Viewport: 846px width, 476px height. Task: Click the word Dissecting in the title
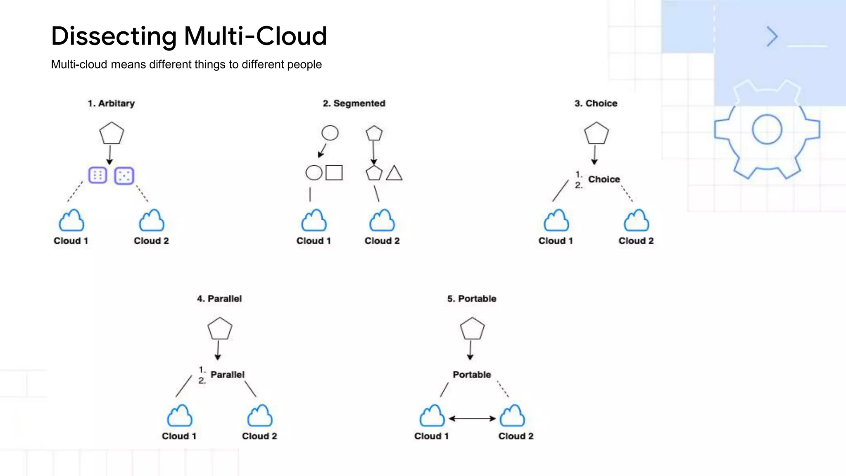coord(114,36)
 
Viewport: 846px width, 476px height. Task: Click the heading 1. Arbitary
coord(111,103)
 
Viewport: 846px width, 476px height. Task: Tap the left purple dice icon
coord(98,176)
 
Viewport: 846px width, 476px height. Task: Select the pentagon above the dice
coord(112,133)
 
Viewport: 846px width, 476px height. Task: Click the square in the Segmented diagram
coord(334,173)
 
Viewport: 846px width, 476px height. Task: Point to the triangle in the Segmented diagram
coord(394,174)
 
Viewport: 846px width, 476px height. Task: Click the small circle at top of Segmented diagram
coord(330,133)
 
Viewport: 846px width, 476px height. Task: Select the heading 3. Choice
coord(596,103)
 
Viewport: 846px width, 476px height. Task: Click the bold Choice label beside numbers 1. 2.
coord(604,179)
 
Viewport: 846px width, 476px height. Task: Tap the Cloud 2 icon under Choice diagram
coord(636,221)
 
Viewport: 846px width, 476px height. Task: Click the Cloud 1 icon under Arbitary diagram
coord(71,221)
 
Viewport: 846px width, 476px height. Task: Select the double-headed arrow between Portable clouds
coord(472,419)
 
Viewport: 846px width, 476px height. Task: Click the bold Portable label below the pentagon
coord(472,375)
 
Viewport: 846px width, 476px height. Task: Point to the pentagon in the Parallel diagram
coord(220,329)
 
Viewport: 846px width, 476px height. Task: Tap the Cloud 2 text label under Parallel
coord(259,436)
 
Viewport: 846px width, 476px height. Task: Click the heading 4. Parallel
coord(219,299)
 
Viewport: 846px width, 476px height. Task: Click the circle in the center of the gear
coord(767,129)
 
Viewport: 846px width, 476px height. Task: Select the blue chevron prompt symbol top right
coord(772,36)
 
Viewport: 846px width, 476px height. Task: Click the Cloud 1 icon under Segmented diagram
coord(314,221)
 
